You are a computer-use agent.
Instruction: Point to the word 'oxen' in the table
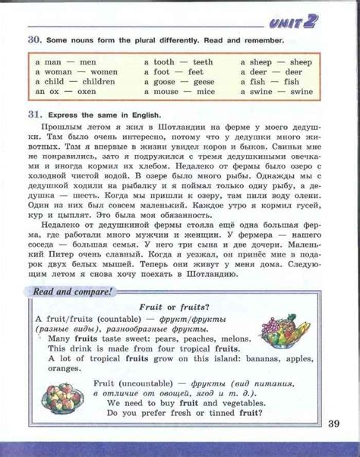(85, 92)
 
